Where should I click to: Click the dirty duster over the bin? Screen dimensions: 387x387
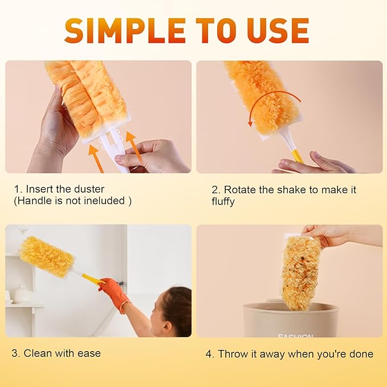300,272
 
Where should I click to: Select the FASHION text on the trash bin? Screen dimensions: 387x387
295,336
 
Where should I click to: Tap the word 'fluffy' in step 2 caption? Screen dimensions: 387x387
223,202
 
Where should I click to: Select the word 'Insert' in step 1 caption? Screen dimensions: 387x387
40,189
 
